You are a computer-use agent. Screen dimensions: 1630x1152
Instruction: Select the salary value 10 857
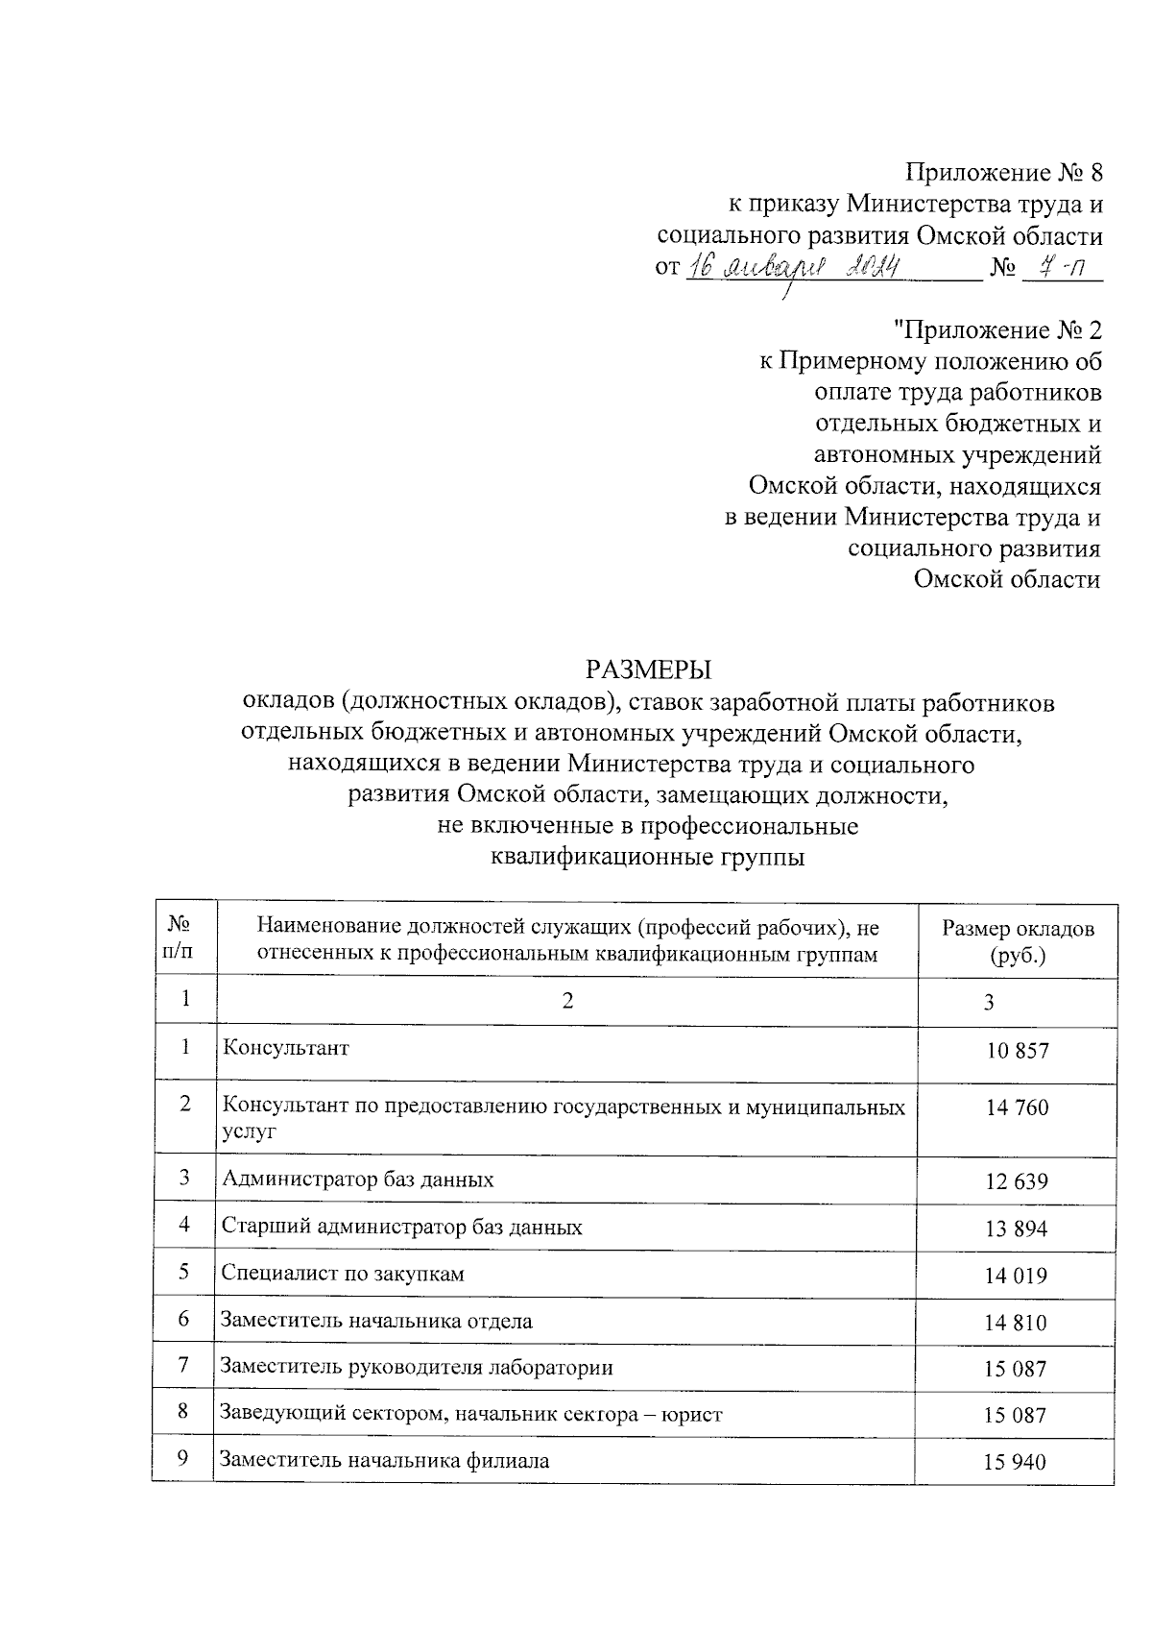(1017, 1050)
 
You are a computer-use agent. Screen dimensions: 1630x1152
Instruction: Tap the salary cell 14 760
(1017, 1107)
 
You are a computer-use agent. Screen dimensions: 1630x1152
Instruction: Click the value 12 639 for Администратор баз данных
(1016, 1181)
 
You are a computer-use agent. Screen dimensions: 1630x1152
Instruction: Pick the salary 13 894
(1016, 1229)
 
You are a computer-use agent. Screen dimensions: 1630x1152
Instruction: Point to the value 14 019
(1016, 1276)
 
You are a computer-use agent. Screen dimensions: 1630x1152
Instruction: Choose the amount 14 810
(1016, 1323)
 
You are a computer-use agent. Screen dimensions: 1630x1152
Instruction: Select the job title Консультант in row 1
(285, 1047)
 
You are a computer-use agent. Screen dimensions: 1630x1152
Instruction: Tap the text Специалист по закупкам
(343, 1274)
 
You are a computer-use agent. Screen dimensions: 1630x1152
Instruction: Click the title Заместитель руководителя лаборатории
(417, 1367)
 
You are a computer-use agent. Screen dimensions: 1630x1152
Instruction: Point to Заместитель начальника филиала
(385, 1461)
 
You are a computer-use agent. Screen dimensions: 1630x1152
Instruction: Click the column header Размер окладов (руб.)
(1017, 942)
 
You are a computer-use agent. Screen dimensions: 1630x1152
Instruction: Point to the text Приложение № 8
(1004, 173)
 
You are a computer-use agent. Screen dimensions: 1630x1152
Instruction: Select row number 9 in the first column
(182, 1458)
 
